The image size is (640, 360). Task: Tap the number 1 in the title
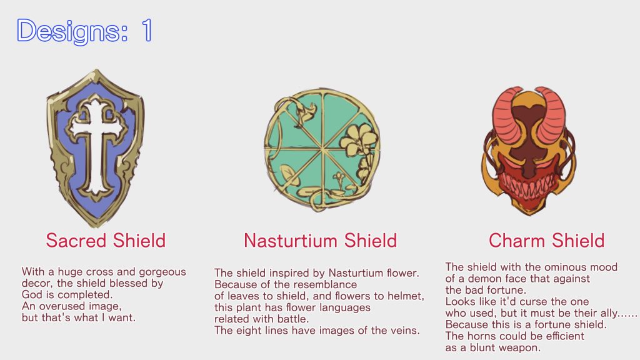coord(146,31)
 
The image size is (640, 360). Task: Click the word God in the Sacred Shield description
coord(32,294)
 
